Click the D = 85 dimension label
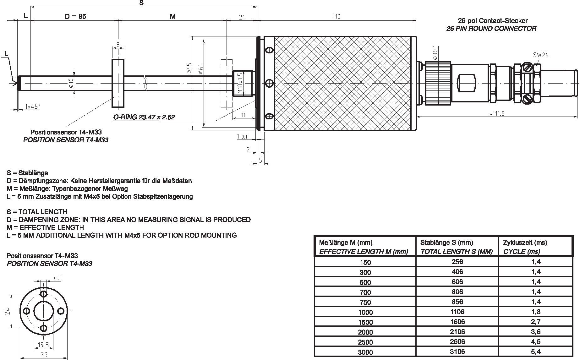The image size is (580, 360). tap(75, 16)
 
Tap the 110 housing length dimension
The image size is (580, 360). tap(336, 16)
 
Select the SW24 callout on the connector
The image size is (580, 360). tap(540, 55)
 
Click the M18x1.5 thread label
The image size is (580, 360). tap(240, 84)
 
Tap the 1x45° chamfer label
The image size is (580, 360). tap(33, 106)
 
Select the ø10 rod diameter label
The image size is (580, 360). tap(71, 83)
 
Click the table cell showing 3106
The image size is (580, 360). tap(457, 352)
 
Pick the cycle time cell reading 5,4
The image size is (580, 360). tap(536, 352)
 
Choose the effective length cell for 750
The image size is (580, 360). tap(365, 302)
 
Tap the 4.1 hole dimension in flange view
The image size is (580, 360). tap(58, 278)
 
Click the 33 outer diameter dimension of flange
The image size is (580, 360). tap(44, 355)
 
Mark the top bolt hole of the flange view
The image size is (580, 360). tap(44, 294)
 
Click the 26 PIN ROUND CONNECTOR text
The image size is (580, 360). tap(491, 29)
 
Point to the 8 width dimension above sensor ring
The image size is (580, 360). tap(118, 45)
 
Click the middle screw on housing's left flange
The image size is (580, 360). tap(269, 83)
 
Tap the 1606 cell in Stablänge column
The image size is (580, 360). tap(457, 322)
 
